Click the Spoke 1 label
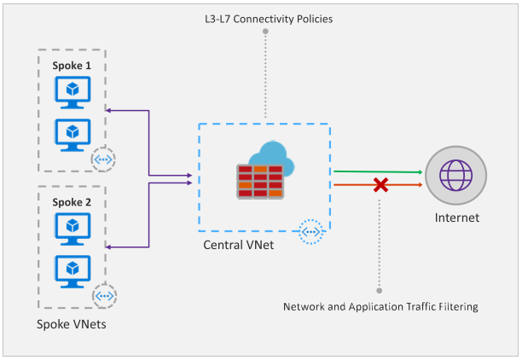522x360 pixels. (72, 66)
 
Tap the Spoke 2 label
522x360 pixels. (72, 202)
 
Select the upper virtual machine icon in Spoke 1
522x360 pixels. (72, 92)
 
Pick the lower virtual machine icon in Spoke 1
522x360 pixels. (72, 135)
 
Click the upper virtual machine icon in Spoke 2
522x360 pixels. (72, 229)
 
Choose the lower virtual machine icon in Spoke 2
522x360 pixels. (72, 271)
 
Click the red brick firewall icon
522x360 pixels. (260, 182)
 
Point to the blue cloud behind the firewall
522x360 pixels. (272, 155)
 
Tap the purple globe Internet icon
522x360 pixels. (455, 175)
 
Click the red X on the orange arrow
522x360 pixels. (380, 185)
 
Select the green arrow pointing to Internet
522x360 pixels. (378, 171)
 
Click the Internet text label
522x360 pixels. (457, 218)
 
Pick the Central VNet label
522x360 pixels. (238, 245)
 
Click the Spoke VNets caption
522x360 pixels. (72, 324)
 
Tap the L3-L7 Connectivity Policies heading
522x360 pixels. (269, 19)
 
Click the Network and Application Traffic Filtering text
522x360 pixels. (380, 307)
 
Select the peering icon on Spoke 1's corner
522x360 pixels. (103, 160)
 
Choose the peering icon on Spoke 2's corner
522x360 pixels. (104, 296)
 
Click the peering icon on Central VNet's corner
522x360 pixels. (310, 232)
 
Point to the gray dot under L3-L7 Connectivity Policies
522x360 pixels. (265, 32)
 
